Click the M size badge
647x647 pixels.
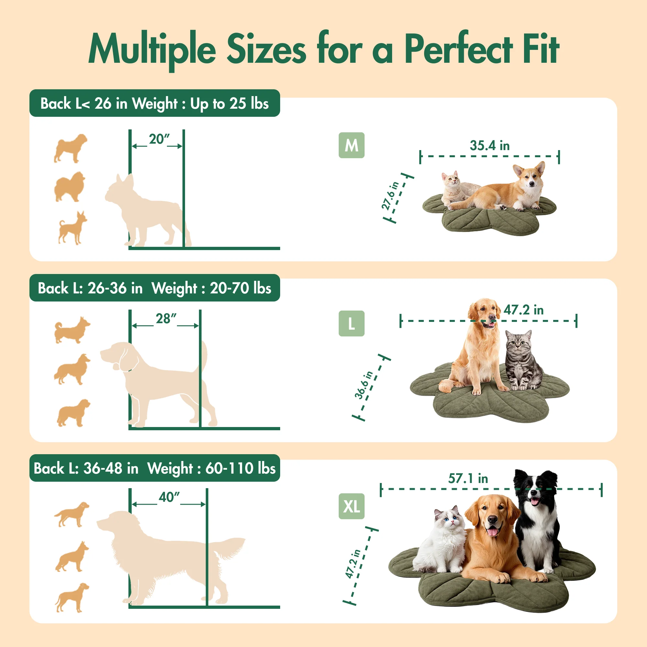click(351, 145)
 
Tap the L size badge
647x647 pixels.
click(351, 323)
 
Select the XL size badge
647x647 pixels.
click(351, 506)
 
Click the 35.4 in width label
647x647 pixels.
click(489, 146)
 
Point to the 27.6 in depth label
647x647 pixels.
click(390, 196)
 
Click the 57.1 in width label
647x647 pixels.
click(468, 478)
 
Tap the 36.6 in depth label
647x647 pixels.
click(364, 385)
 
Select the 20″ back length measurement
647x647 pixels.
click(159, 139)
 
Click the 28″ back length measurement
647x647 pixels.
click(166, 318)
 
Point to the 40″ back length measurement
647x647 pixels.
click(170, 497)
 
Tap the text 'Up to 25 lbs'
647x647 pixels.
click(229, 104)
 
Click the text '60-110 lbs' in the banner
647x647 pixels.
click(240, 468)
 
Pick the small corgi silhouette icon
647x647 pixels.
click(72, 330)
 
